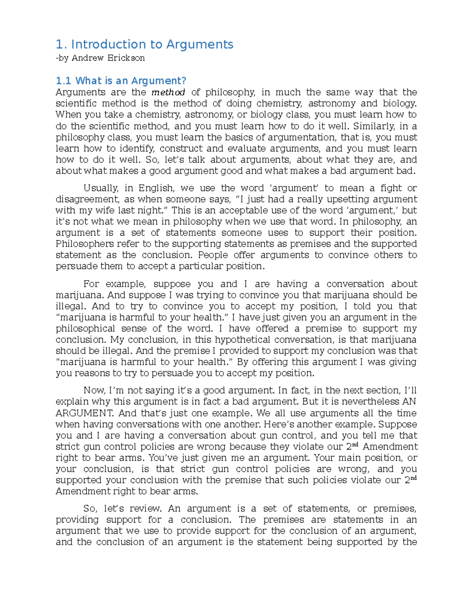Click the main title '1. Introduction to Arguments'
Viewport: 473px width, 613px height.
145,44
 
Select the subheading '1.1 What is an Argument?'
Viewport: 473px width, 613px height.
121,81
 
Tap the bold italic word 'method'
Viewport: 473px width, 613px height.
168,92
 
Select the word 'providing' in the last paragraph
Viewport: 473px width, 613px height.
77,520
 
